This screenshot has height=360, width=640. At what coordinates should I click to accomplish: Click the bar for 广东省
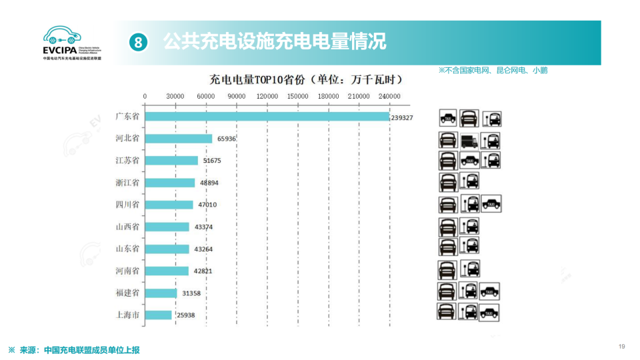[x=267, y=117]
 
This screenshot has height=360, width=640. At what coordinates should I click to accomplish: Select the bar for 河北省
[x=179, y=139]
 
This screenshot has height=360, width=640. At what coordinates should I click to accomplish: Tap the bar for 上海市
[x=159, y=315]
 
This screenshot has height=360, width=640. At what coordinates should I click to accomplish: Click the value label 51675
[x=213, y=161]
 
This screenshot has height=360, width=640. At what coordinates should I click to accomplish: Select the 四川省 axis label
[x=127, y=204]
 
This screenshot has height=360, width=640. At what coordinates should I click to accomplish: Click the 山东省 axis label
[x=127, y=248]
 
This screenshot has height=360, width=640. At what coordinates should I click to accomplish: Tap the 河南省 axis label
[x=127, y=271]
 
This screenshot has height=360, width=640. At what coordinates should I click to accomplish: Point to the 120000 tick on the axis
[x=267, y=97]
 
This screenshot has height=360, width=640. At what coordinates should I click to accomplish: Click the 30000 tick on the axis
[x=175, y=97]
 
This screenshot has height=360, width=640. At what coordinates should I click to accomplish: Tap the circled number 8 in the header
[x=137, y=42]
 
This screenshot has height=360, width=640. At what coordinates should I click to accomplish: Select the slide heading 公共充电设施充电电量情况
[x=275, y=41]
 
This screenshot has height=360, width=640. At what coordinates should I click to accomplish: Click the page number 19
[x=621, y=346]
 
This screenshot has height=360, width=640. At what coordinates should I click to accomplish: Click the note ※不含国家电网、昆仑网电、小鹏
[x=493, y=70]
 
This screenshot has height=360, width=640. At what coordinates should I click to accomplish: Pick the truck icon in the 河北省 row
[x=469, y=141]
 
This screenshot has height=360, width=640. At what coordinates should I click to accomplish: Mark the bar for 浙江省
[x=170, y=183]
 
